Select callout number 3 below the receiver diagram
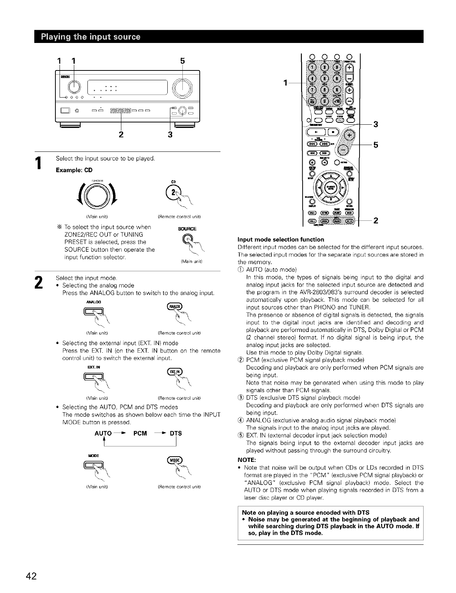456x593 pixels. [x=170, y=134]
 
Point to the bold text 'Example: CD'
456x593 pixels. [x=74, y=170]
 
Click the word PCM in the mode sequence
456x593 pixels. [x=140, y=433]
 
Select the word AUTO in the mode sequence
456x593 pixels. [x=103, y=433]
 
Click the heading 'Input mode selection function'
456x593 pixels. [x=280, y=239]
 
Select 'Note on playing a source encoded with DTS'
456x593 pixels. [x=305, y=512]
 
